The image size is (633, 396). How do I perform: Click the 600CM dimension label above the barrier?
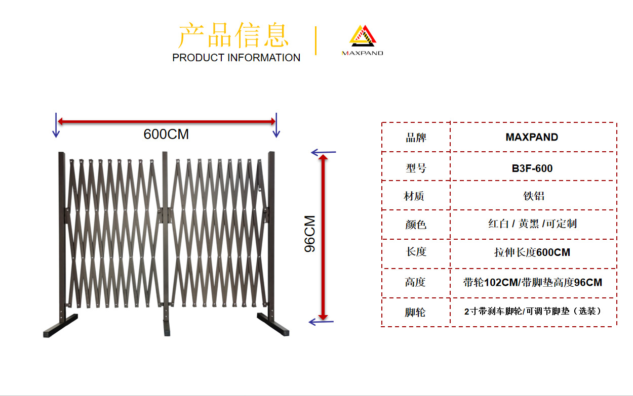pos(166,135)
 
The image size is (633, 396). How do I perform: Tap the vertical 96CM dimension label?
pos(310,234)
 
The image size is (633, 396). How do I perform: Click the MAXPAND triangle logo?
pos(362,38)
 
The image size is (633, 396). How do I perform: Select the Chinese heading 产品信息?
pos(233,35)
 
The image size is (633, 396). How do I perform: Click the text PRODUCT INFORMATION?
pos(236,58)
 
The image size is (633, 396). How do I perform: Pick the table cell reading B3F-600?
pos(532,168)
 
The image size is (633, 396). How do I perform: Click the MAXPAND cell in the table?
pos(532,137)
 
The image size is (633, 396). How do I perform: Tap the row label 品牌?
pos(416,138)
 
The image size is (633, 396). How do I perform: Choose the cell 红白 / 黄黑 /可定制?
pos(532,224)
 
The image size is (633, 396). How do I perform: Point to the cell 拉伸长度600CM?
pos(532,252)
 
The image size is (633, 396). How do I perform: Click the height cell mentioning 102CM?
pos(532,282)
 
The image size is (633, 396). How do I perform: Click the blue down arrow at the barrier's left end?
pos(56,125)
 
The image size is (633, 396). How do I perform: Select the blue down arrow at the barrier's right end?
pos(276,125)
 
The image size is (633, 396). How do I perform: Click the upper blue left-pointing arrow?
pos(323,152)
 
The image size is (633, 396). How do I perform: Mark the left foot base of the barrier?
pos(61,326)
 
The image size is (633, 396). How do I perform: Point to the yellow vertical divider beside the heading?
pos(316,40)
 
